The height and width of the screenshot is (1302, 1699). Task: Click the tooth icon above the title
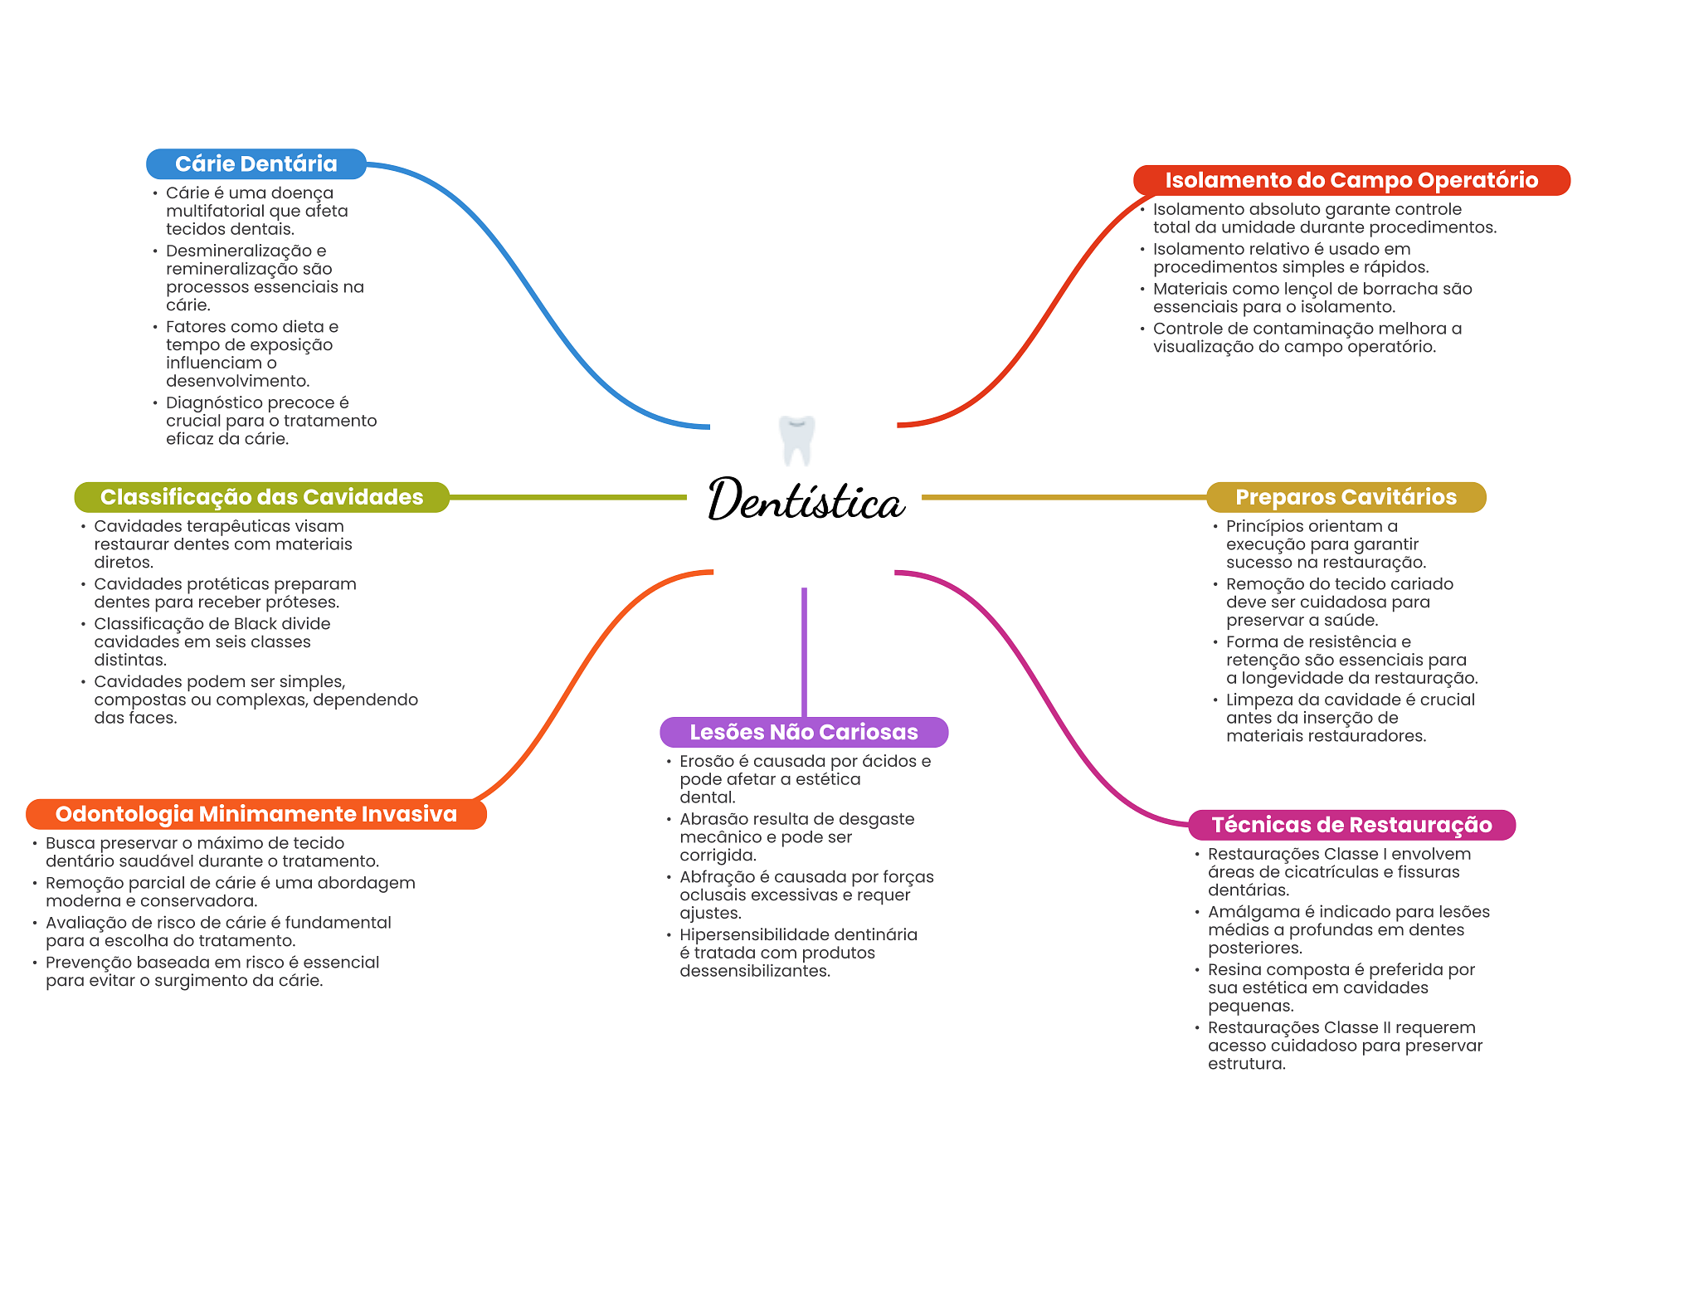point(796,439)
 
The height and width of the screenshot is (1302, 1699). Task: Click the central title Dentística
point(805,500)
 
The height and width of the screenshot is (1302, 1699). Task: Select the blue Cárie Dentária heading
point(256,164)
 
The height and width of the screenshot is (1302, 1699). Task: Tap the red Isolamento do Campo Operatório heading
point(1351,181)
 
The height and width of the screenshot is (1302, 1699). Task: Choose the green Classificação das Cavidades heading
point(261,497)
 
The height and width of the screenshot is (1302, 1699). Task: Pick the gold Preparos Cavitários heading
point(1345,497)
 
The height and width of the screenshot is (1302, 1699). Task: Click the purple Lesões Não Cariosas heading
point(803,732)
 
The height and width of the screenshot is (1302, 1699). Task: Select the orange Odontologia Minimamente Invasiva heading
point(256,814)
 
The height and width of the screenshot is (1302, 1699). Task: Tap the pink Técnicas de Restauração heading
point(1351,825)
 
